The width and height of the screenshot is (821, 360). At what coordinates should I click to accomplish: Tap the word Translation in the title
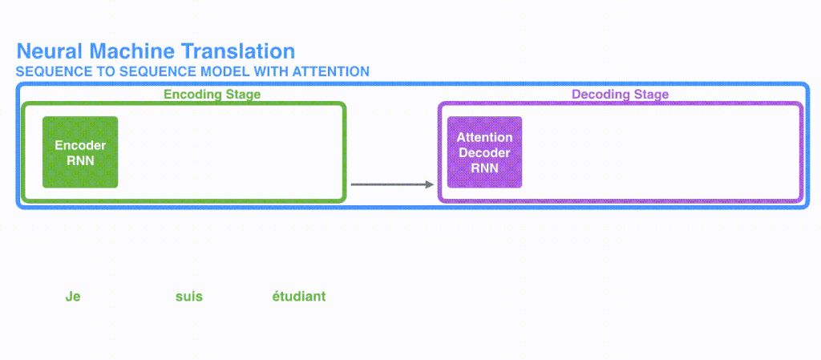click(x=238, y=52)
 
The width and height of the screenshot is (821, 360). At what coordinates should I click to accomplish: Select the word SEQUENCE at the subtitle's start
click(x=48, y=72)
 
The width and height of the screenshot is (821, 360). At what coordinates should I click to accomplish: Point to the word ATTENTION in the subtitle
click(x=331, y=72)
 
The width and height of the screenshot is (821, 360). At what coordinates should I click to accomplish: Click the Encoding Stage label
click(x=212, y=95)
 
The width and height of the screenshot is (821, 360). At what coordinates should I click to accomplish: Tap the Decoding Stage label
click(x=620, y=95)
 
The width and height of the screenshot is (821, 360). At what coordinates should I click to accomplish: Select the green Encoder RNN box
click(x=80, y=152)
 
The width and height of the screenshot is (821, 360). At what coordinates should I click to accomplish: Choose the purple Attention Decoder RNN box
click(x=484, y=152)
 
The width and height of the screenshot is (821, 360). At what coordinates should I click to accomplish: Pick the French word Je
click(x=73, y=297)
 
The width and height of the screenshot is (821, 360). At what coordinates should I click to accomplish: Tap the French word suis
click(x=189, y=297)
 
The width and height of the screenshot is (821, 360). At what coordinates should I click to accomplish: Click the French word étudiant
click(x=299, y=297)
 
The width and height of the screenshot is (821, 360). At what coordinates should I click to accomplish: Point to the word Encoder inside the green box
click(x=80, y=146)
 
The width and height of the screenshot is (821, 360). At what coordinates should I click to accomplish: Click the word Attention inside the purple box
click(x=484, y=138)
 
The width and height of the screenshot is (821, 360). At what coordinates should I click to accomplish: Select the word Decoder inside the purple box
click(x=484, y=153)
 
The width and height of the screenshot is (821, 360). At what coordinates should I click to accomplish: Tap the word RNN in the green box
click(x=80, y=160)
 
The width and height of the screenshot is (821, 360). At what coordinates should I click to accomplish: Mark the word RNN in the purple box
click(x=484, y=168)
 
